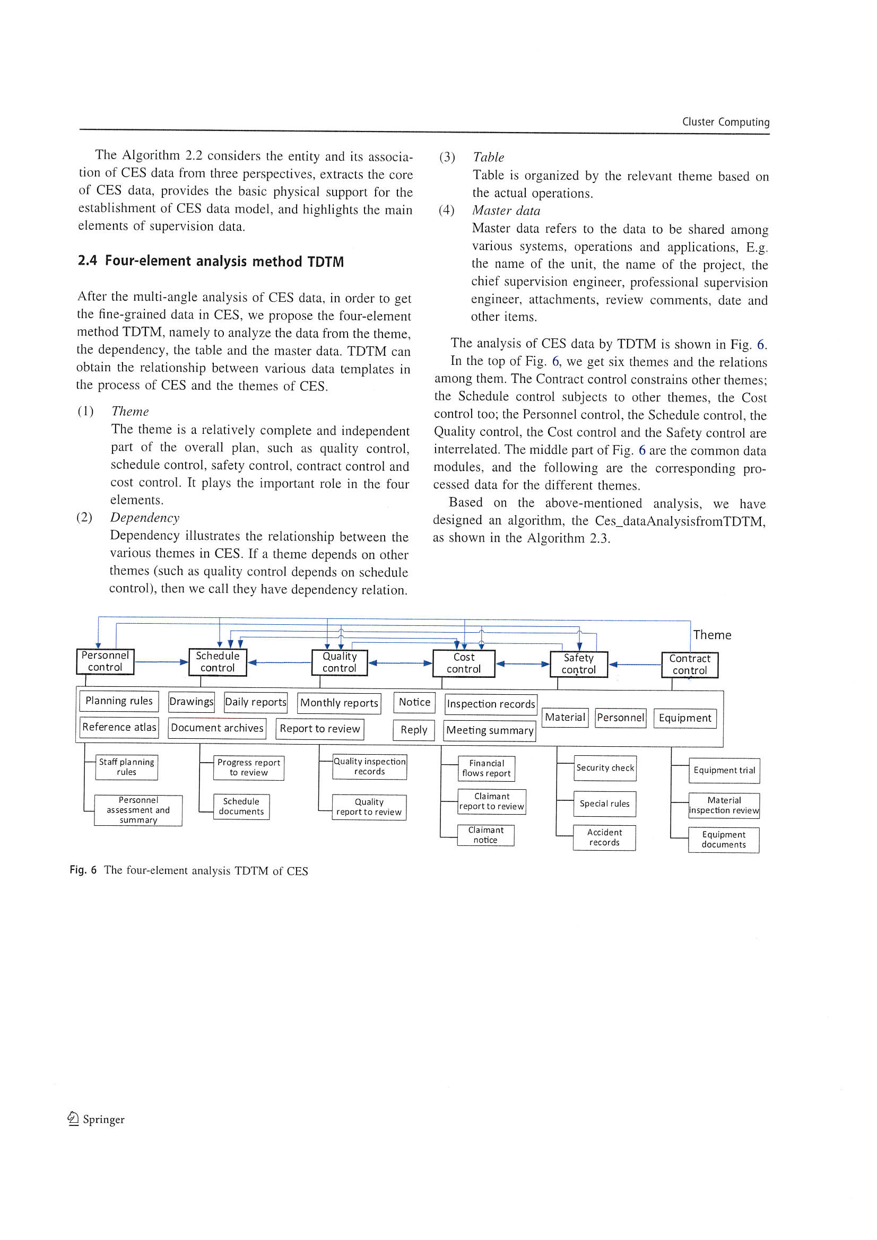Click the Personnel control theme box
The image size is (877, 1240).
tap(105, 661)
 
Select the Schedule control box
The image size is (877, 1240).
tap(217, 661)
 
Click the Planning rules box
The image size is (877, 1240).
tap(119, 701)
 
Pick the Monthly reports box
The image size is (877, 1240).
tap(339, 703)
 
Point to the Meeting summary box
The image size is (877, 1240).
tap(490, 731)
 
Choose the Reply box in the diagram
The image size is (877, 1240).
tap(413, 730)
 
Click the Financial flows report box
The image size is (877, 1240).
tap(487, 769)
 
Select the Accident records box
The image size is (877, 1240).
tap(604, 837)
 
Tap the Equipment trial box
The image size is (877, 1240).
tap(724, 771)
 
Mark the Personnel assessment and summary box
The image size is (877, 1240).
tap(138, 810)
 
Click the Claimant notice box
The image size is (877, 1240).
tap(485, 835)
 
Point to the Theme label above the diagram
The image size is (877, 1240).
tap(711, 635)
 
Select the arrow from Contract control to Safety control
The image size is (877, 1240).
tap(635, 665)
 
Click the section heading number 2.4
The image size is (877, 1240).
tap(87, 261)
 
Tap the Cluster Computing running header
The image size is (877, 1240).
tap(725, 122)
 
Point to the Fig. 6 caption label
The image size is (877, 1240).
tap(83, 870)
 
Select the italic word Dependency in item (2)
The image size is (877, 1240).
tap(144, 518)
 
